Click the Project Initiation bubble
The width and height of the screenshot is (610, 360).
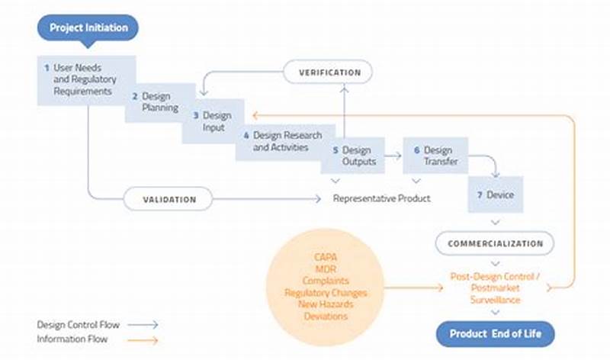click(88, 28)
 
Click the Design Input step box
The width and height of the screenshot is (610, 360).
click(213, 121)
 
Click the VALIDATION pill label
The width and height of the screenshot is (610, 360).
click(169, 200)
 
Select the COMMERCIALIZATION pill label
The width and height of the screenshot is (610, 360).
click(495, 244)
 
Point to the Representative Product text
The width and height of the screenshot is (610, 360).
click(381, 198)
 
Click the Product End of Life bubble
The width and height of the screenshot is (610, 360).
click(495, 334)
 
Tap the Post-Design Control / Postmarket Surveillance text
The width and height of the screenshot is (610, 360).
click(495, 288)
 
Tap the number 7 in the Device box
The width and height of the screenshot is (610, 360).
click(480, 195)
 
